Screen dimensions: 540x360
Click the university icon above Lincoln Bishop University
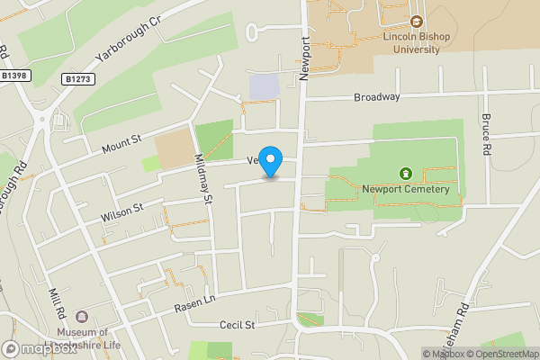416,22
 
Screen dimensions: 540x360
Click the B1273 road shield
77,80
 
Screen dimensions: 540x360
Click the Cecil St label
238,325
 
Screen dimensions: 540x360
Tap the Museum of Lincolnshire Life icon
83,317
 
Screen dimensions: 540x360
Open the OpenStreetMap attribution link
499,354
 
